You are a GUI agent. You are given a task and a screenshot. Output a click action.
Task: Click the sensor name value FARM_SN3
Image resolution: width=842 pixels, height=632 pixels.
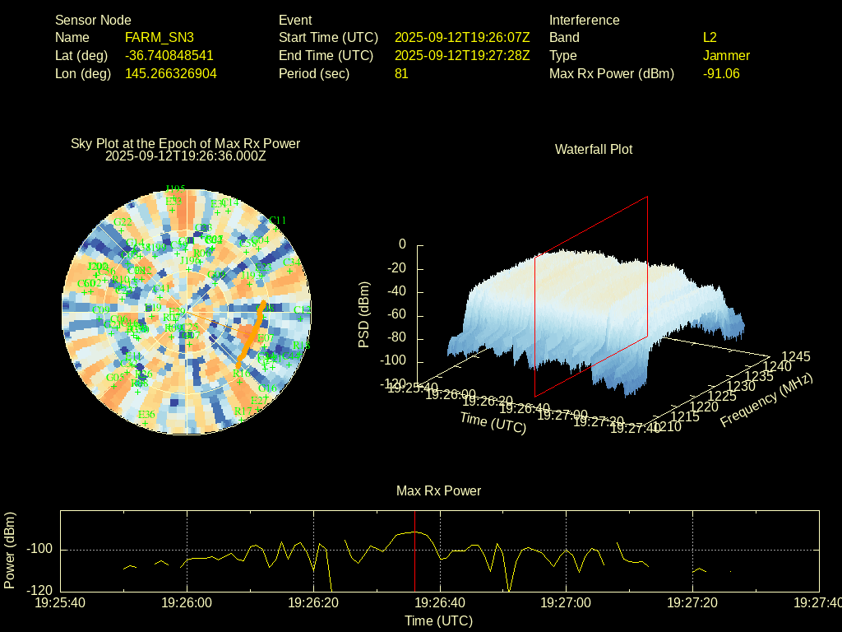tap(160, 37)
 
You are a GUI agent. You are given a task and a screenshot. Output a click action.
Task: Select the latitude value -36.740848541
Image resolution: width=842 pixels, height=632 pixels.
tap(169, 55)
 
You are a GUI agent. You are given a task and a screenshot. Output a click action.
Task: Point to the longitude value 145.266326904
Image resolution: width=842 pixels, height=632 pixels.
tap(171, 73)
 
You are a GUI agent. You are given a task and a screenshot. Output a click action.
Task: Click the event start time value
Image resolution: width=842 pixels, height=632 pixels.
tap(462, 37)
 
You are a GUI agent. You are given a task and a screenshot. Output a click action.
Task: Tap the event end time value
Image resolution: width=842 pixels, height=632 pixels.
tap(462, 55)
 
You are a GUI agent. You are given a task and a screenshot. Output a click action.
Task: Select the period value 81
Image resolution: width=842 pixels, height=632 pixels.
tap(401, 73)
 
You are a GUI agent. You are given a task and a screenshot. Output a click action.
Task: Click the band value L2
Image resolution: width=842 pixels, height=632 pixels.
tap(710, 37)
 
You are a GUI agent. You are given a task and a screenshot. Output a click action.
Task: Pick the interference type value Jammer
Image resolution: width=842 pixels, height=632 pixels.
tap(726, 55)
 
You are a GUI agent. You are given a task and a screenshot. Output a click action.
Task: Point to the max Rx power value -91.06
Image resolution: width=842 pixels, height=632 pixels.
tap(721, 73)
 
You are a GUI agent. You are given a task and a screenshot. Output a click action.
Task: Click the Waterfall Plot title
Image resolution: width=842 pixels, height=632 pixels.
tap(594, 149)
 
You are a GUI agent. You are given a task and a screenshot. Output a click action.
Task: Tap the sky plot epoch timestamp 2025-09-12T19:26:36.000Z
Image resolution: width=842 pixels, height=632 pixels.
tap(186, 156)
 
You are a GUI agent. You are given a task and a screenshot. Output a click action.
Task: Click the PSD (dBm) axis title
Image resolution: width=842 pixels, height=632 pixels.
tap(364, 314)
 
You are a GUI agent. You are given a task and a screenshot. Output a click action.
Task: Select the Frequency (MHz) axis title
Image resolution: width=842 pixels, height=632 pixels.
tap(766, 400)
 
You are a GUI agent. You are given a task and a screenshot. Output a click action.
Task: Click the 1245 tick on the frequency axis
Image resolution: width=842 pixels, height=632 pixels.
tap(795, 356)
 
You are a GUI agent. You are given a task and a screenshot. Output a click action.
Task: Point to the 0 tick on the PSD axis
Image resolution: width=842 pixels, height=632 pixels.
tap(402, 244)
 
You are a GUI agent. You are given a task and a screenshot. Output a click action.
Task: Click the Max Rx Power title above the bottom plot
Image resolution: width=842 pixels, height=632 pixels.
tap(438, 490)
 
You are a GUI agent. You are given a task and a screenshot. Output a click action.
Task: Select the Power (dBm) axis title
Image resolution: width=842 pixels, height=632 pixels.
tap(10, 550)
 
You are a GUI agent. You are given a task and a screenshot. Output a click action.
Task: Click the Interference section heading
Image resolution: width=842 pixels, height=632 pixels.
tap(584, 20)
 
